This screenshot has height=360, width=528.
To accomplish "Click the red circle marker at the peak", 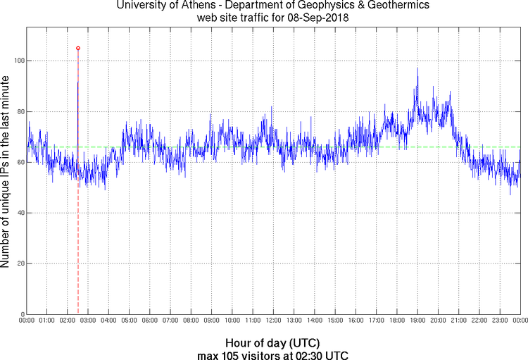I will coord(77,48).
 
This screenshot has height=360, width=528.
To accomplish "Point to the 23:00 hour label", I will coord(499,321).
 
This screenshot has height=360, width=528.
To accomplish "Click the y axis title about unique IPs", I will coord(6,172).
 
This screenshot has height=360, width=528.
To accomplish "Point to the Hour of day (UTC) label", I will coord(272,342).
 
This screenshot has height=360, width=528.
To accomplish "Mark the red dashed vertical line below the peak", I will coord(77,247).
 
